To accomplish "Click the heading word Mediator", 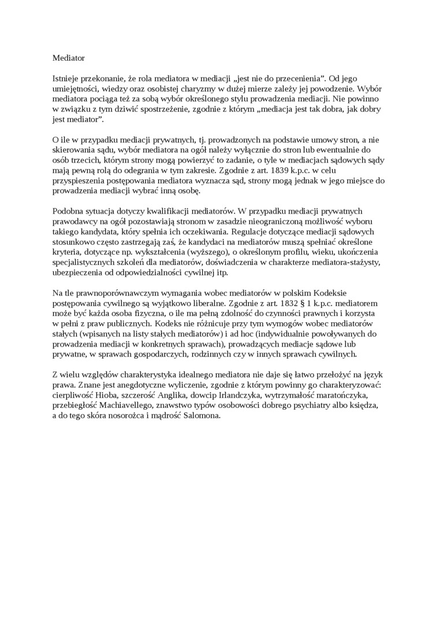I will coord(69,58).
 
